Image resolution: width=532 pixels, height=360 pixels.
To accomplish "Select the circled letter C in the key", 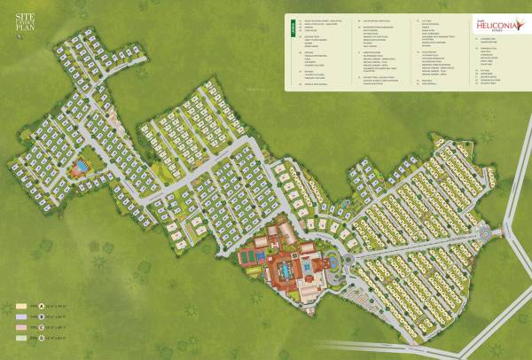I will coord(42,326).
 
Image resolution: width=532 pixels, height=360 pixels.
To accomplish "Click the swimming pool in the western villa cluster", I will coord(82,165).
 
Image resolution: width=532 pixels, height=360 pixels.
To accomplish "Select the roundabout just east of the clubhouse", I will coord(347,257).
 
